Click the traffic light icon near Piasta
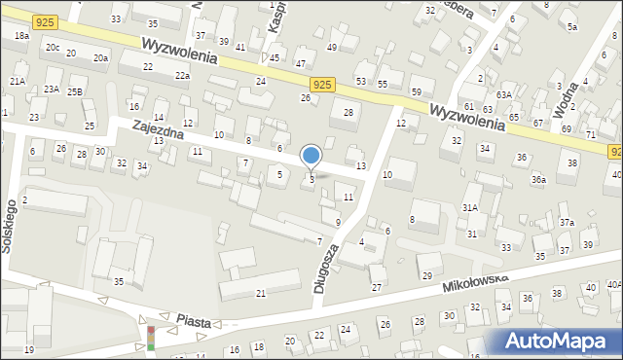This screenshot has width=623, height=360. pyautogui.click(x=151, y=338)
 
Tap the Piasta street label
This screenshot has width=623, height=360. pyautogui.click(x=194, y=320)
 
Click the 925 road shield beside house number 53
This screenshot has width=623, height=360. pyautogui.click(x=326, y=85)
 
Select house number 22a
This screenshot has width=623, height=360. pyautogui.click(x=182, y=75)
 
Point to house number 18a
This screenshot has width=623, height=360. pyautogui.click(x=21, y=35)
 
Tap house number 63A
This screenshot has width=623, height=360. pyautogui.click(x=503, y=94)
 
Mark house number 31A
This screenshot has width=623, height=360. pyautogui.click(x=470, y=208)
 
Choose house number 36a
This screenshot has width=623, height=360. pyautogui.click(x=538, y=180)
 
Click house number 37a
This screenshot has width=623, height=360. pyautogui.click(x=567, y=223)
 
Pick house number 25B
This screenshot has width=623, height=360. pyautogui.click(x=75, y=91)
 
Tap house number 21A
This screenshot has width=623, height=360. pyautogui.click(x=18, y=81)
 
